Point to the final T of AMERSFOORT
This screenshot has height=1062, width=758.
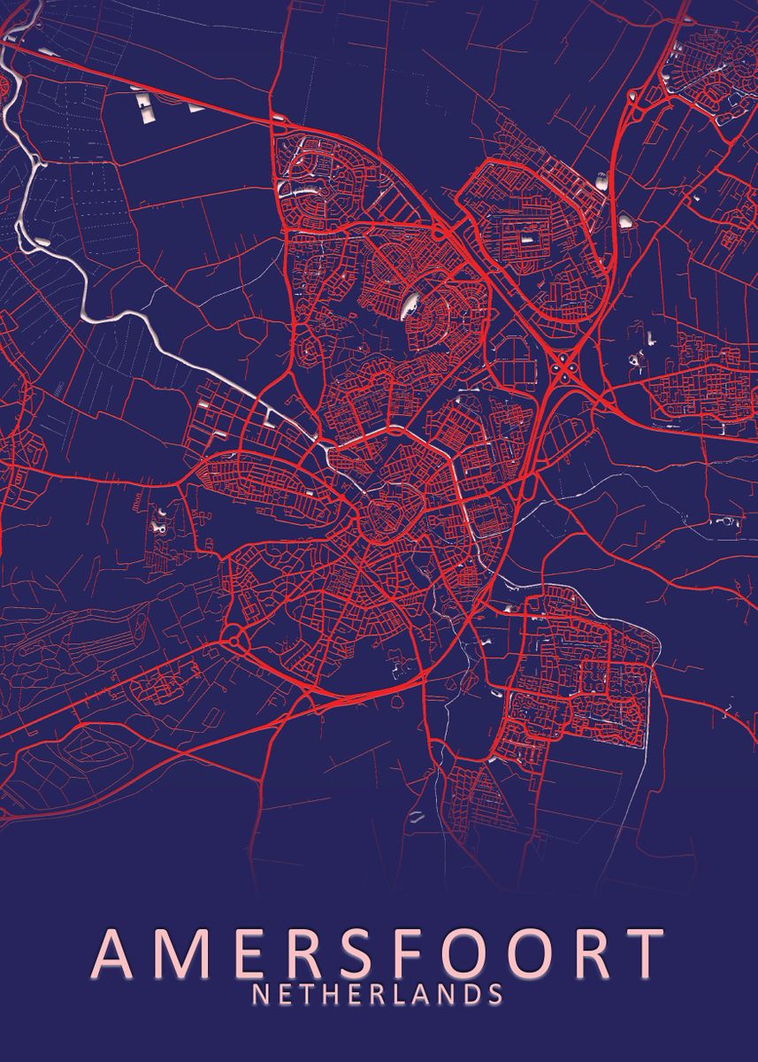point(643,951)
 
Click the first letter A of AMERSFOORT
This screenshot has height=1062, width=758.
point(113,951)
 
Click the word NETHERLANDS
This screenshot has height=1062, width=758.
point(378,994)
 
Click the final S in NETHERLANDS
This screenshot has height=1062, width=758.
point(495,994)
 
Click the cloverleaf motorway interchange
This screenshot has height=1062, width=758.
point(564,363)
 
